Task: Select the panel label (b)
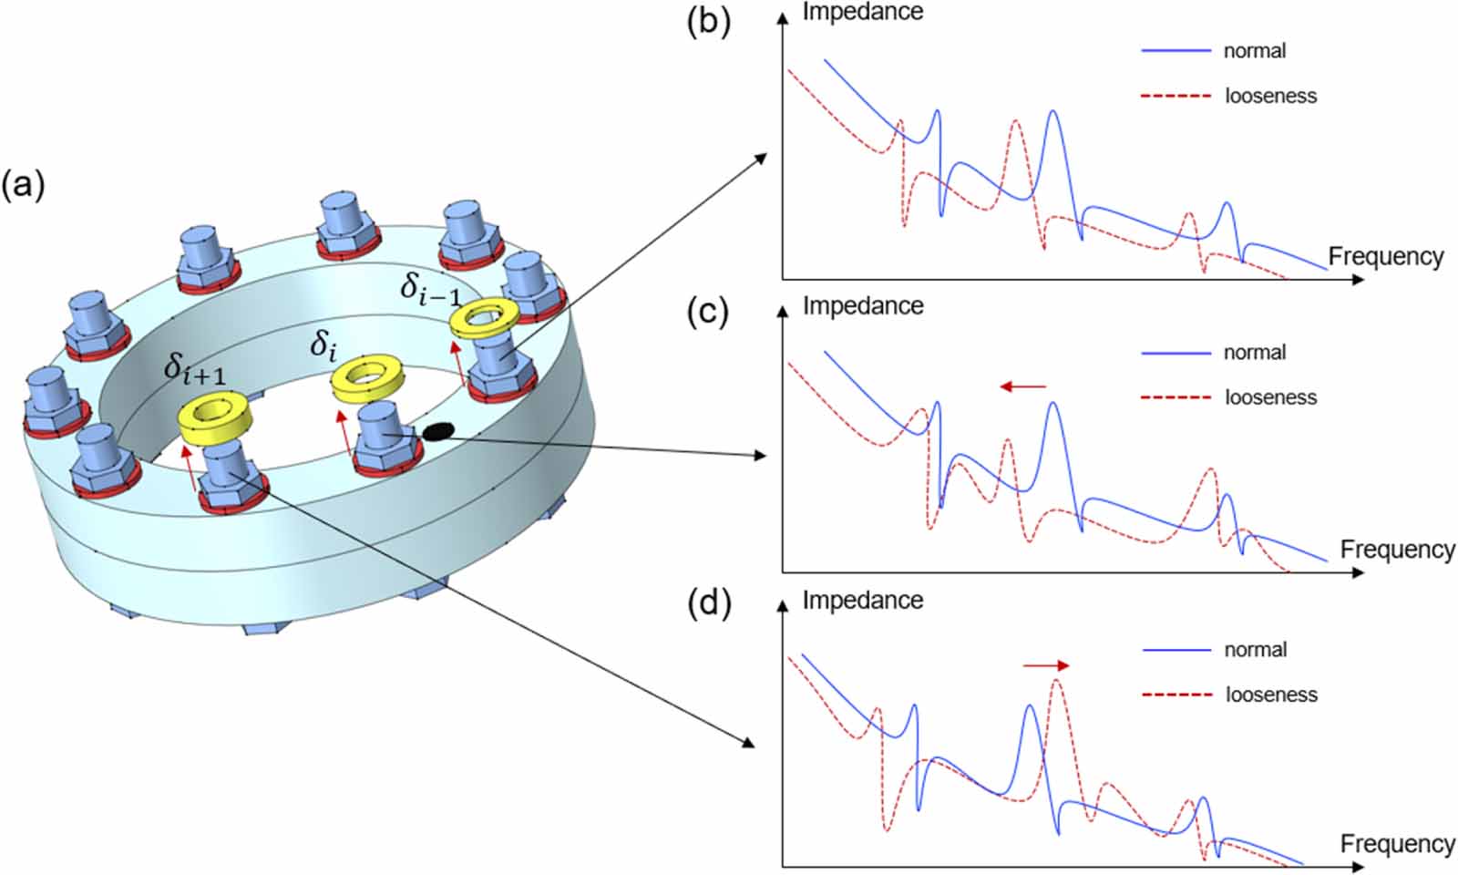[708, 20]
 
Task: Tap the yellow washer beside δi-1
[486, 318]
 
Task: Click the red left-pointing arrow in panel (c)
[1023, 386]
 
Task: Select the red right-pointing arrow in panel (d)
[1045, 665]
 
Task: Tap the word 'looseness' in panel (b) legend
[1270, 96]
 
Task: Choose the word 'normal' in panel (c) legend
[1255, 352]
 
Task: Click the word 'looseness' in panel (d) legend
[1271, 695]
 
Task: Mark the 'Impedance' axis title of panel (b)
[862, 12]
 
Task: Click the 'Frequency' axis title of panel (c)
[1397, 550]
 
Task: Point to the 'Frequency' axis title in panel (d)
[1397, 844]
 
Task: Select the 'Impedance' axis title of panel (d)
[862, 600]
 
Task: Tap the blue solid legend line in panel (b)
[1176, 51]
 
